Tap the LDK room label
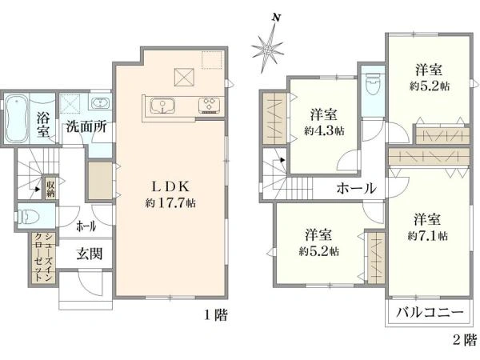coord(166,186)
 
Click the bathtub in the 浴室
coord(17,119)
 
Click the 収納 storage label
coord(50,188)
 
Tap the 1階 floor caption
coord(215,315)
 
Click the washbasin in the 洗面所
coord(101,104)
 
